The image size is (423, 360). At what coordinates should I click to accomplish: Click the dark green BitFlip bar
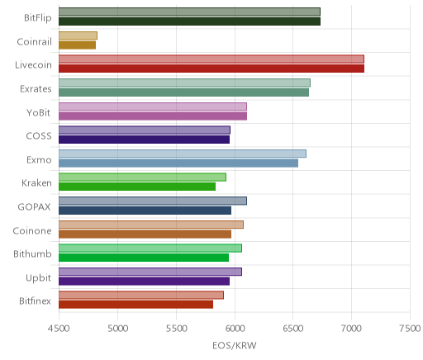[189, 21]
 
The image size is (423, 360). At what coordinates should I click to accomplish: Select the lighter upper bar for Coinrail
[78, 36]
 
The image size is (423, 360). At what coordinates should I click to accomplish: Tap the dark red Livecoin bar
[211, 69]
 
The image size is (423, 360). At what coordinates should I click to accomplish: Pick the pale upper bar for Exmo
[183, 154]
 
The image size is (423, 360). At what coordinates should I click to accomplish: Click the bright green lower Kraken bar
[137, 187]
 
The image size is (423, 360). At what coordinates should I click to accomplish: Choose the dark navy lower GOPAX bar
[145, 211]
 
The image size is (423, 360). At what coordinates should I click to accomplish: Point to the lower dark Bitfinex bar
[135, 305]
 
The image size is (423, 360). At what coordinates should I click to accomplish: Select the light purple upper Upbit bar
[150, 272]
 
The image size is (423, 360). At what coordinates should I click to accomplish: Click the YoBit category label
[39, 113]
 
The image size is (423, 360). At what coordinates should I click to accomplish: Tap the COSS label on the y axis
[39, 136]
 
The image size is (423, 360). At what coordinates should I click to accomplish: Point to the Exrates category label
[36, 89]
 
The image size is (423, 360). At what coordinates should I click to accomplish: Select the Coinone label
[32, 230]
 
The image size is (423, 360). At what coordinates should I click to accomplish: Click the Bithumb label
[32, 253]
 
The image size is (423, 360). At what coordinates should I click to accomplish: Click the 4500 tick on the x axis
[59, 329]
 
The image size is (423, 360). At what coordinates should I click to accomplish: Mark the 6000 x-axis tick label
[235, 329]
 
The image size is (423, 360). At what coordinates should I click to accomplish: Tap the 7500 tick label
[410, 329]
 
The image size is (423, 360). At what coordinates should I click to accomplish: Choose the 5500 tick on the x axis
[176, 329]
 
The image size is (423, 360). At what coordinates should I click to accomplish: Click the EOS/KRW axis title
[235, 345]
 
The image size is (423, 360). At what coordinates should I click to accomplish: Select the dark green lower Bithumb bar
[144, 258]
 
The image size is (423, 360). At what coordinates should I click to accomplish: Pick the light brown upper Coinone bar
[151, 225]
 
